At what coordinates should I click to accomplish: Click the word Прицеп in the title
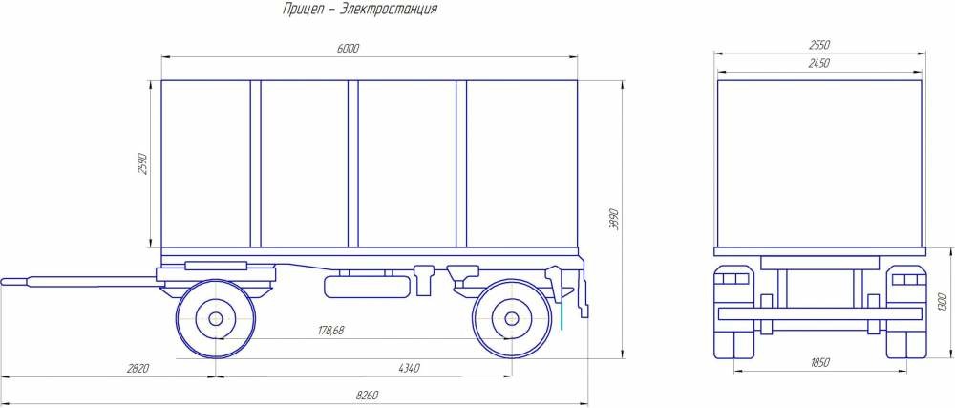(302, 10)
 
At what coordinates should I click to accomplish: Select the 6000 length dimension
(348, 49)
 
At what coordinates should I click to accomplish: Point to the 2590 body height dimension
(143, 164)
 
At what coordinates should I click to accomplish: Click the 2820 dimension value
(137, 369)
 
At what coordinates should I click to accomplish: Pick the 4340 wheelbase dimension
(409, 369)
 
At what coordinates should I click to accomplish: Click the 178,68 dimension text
(330, 330)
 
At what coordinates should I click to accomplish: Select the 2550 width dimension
(819, 45)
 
